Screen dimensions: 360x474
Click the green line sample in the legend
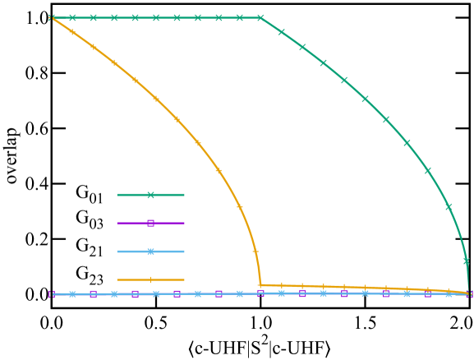coord(150,195)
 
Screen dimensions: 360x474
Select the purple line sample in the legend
coord(150,223)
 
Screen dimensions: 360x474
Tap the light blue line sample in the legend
coord(150,252)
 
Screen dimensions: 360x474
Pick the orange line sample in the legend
coord(150,279)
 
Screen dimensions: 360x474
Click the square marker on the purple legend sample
coord(150,223)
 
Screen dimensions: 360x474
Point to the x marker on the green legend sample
coord(150,195)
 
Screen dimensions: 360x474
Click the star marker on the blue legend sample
coord(150,252)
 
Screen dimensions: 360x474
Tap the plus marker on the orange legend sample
coord(150,279)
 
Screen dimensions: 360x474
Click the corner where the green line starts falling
coord(261,17)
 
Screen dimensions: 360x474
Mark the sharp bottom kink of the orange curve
coord(260,285)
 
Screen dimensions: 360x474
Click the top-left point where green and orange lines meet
coord(52,17)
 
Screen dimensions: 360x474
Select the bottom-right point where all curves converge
coord(469,293)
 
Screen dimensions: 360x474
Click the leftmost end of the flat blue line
coord(52,293)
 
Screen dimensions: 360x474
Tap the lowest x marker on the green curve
coord(466,261)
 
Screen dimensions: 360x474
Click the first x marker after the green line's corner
coord(282,33)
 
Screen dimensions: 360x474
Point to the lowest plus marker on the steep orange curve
coord(255,251)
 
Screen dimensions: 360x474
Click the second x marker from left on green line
coord(72,17)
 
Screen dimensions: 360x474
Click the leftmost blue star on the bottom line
coord(72,293)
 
